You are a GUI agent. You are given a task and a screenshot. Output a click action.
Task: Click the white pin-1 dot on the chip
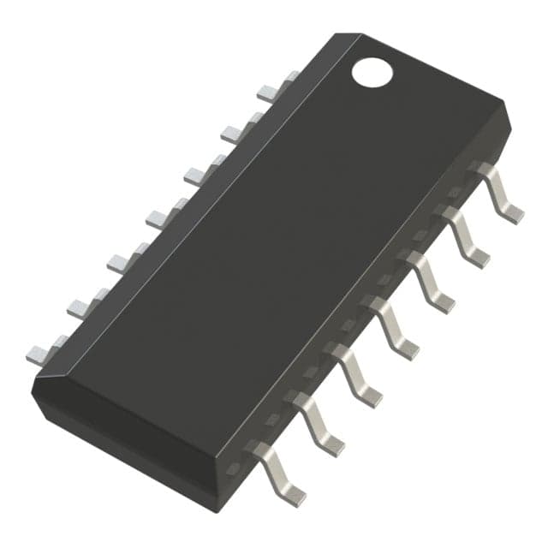[x=372, y=71]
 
